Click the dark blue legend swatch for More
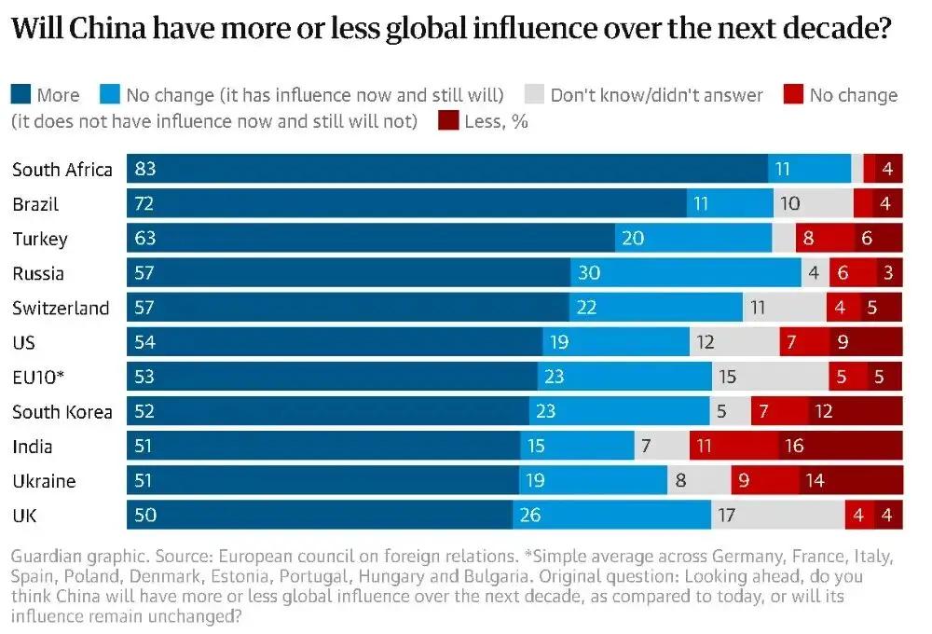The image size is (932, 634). pyautogui.click(x=21, y=94)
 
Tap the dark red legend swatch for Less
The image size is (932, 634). pyautogui.click(x=448, y=121)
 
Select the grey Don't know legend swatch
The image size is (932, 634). pyautogui.click(x=534, y=94)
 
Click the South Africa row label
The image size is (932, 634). pyautogui.click(x=62, y=170)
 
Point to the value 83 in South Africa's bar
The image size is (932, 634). pyautogui.click(x=145, y=170)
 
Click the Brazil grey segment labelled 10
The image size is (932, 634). pyautogui.click(x=813, y=204)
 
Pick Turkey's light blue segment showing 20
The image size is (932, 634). pyautogui.click(x=693, y=239)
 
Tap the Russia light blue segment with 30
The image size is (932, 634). pyautogui.click(x=686, y=273)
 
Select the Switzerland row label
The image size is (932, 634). pyautogui.click(x=61, y=308)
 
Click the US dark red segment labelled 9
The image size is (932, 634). pyautogui.click(x=866, y=342)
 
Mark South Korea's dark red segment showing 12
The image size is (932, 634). pyautogui.click(x=855, y=411)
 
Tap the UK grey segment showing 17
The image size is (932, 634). pyautogui.click(x=777, y=516)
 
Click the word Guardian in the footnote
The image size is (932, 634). pyautogui.click(x=46, y=558)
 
